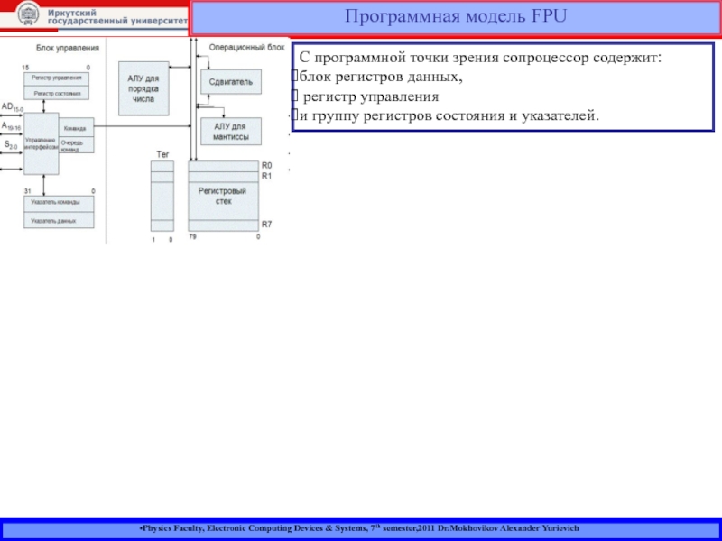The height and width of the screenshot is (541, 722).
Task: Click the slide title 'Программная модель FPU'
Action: (x=455, y=15)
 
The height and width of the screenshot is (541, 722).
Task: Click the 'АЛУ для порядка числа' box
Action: (x=143, y=89)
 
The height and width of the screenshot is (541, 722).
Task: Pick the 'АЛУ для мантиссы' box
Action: (x=230, y=132)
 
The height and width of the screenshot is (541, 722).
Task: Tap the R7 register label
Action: (x=266, y=224)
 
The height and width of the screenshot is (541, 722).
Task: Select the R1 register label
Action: (x=266, y=177)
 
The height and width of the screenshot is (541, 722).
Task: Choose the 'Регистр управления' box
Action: (x=57, y=78)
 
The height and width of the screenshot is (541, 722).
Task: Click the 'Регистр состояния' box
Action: (x=57, y=93)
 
